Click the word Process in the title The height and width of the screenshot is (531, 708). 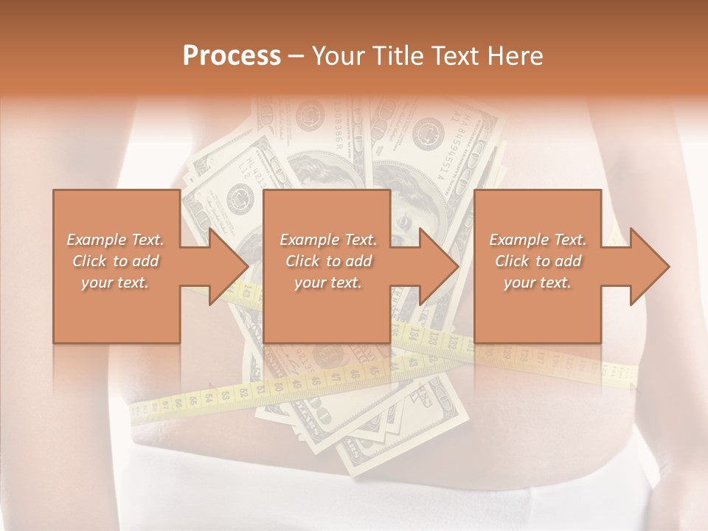point(232,56)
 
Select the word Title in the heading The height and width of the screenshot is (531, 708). point(395,56)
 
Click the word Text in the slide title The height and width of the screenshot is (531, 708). point(454,56)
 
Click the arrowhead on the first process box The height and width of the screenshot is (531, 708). point(225,266)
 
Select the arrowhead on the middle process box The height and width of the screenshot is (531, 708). point(436,266)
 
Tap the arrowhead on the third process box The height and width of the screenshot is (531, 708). point(647,266)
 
